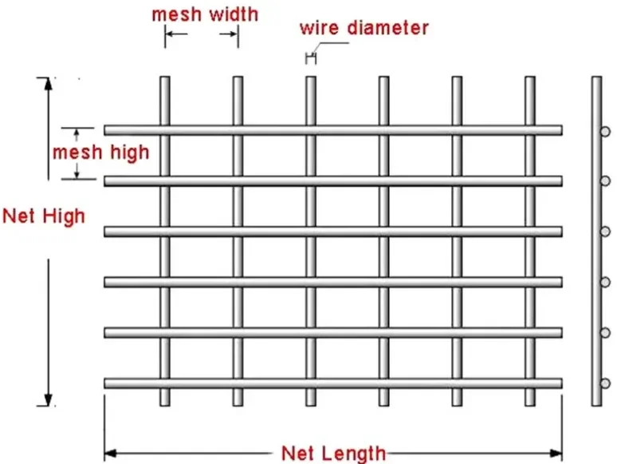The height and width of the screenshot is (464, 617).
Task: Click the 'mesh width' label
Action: coord(205,14)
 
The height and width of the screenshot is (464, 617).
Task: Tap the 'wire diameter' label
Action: coord(364,28)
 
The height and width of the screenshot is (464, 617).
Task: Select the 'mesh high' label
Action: coord(100,152)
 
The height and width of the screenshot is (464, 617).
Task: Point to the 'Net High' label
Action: coord(43,215)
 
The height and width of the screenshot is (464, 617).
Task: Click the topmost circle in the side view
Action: coord(606,130)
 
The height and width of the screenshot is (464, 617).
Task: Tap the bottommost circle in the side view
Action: coord(606,383)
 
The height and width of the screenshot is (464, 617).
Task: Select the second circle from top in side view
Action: coord(606,180)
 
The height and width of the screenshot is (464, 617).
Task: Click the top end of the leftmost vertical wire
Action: coord(165,79)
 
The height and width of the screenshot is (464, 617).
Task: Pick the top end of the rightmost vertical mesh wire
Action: coord(530,79)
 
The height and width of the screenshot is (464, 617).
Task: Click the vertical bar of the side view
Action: coord(595,240)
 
